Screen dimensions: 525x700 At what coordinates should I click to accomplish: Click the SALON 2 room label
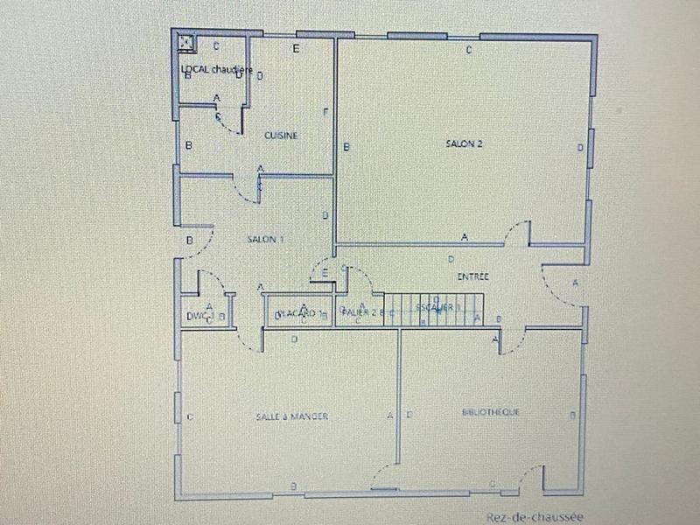464,145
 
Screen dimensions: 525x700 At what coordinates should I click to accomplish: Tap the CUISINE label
281,136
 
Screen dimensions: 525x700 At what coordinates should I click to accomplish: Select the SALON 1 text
265,239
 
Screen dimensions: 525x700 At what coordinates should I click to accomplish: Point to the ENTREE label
472,276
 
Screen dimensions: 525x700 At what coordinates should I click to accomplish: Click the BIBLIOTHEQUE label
490,412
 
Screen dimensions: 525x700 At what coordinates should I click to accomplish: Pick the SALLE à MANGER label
292,416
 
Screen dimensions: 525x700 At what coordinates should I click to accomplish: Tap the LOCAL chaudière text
216,69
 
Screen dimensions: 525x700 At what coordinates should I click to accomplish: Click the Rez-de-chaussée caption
535,517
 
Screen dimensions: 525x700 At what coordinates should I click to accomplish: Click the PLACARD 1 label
298,313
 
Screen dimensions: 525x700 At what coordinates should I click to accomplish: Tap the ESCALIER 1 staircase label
437,307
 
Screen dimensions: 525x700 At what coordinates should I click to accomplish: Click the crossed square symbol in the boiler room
185,39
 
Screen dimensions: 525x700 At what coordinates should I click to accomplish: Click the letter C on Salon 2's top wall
469,50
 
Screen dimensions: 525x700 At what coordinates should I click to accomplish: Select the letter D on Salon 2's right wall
580,149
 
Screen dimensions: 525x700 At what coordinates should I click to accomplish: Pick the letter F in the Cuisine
325,112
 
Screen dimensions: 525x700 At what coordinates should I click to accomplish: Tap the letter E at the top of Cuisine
296,48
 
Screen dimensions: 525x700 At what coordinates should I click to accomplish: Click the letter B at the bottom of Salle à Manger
293,486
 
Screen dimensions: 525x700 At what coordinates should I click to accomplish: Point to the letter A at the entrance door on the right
575,283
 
